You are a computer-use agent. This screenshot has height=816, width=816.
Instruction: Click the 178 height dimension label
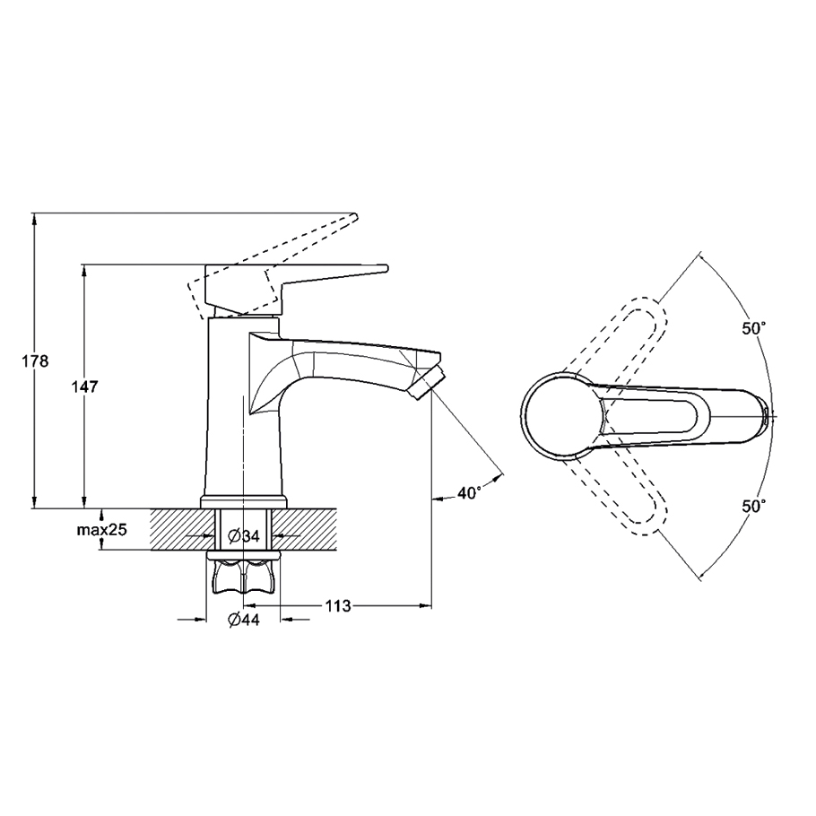[x=35, y=360]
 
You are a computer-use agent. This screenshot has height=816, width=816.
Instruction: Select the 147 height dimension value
[x=84, y=386]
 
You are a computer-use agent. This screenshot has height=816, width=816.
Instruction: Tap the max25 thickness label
[x=102, y=530]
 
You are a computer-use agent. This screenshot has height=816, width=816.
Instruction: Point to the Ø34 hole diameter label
[x=244, y=535]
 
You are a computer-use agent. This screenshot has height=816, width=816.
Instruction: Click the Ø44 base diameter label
[x=244, y=620]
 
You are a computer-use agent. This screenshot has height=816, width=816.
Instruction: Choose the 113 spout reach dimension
[x=338, y=606]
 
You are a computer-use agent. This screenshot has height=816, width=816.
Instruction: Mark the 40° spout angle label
[x=469, y=492]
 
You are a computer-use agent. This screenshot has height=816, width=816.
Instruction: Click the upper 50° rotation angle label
[x=754, y=328]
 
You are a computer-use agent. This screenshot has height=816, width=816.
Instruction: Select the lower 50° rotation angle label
[x=754, y=506]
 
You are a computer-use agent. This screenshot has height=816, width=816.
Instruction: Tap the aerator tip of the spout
[x=427, y=381]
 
